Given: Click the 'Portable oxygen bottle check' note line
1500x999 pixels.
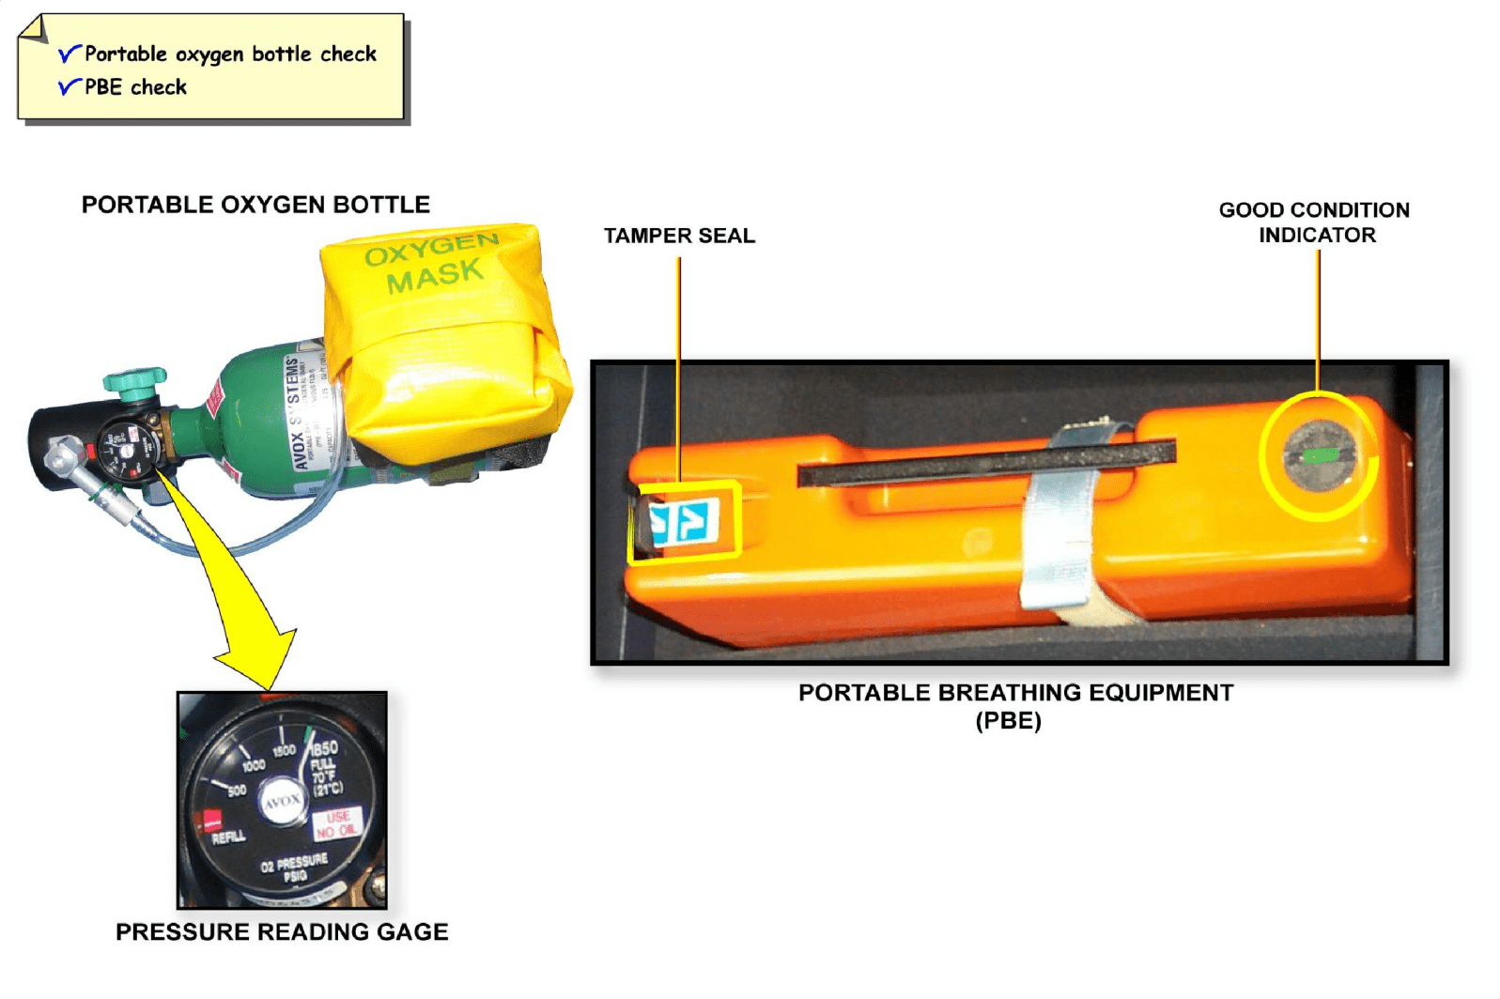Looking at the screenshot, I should point(230,54).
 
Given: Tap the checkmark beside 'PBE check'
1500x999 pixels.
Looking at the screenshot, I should point(69,87).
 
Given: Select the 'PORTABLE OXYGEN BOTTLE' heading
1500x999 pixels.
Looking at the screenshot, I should point(255,205).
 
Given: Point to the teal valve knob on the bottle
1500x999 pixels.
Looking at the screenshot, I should point(134,381).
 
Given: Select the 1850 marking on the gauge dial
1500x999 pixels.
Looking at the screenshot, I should point(324,748).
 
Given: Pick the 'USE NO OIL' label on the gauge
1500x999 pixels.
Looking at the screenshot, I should point(336,824).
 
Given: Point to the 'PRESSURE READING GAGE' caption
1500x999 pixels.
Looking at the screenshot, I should point(282,932).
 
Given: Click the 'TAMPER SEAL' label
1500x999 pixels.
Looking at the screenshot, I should point(679,236).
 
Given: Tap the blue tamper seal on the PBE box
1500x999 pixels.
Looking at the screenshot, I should point(686,522).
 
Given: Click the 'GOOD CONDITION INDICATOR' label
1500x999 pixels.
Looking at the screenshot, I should point(1315,223).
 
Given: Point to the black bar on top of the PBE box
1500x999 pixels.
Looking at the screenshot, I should point(986,462).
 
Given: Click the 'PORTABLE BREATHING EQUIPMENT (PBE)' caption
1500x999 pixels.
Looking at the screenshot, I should point(1014,706).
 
